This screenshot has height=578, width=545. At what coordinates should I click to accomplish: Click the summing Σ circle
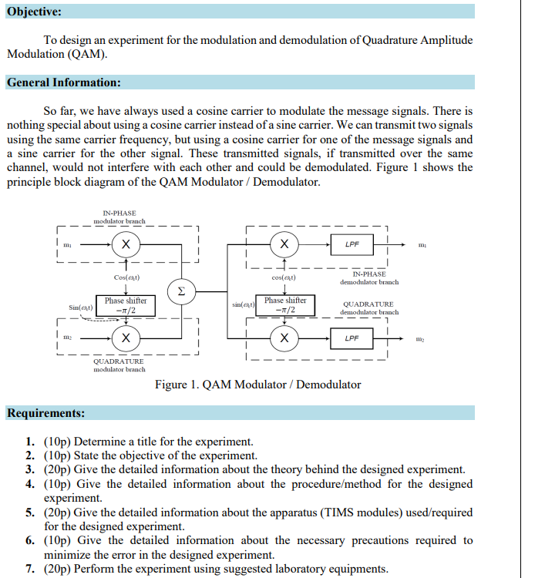[180, 292]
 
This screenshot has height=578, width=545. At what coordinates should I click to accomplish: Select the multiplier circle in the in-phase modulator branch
[126, 245]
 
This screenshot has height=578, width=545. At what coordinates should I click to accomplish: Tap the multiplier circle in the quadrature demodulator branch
[284, 338]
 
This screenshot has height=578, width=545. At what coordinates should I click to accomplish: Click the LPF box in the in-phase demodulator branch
[352, 244]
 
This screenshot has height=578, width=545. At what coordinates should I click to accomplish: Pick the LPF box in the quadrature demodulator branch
[352, 338]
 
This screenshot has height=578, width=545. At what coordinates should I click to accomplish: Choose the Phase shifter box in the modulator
[126, 305]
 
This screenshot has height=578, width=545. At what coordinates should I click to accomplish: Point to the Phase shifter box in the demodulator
[285, 305]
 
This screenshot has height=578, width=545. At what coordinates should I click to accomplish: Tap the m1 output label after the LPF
[421, 245]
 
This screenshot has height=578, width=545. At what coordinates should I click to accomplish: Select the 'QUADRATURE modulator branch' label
[119, 365]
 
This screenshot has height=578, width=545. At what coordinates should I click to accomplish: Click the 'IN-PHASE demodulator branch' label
[369, 277]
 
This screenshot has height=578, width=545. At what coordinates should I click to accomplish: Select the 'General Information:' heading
[63, 82]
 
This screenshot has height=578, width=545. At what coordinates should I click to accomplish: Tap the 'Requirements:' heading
[46, 413]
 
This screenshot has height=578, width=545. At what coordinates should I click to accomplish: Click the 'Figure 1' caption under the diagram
[257, 384]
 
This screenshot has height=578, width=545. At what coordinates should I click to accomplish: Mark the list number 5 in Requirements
[29, 512]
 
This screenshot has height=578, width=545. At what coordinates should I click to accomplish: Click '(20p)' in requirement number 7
[58, 569]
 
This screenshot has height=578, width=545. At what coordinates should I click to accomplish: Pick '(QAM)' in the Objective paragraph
[86, 54]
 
